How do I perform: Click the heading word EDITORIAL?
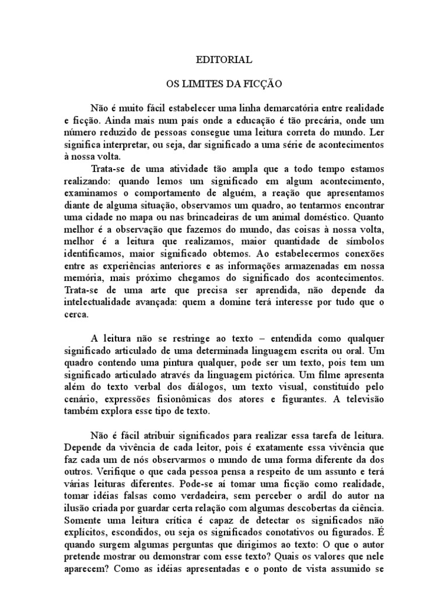click(x=224, y=60)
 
